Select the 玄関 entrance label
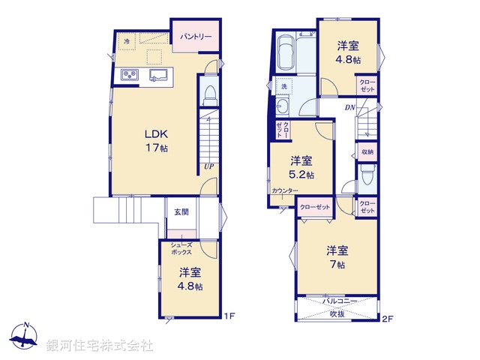click(182, 211)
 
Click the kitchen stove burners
click(128, 75)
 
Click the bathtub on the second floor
click(285, 52)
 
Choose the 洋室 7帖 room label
click(336, 257)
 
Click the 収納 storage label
click(367, 152)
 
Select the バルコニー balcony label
click(340, 301)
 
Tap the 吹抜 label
click(338, 313)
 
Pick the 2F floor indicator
click(387, 319)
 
